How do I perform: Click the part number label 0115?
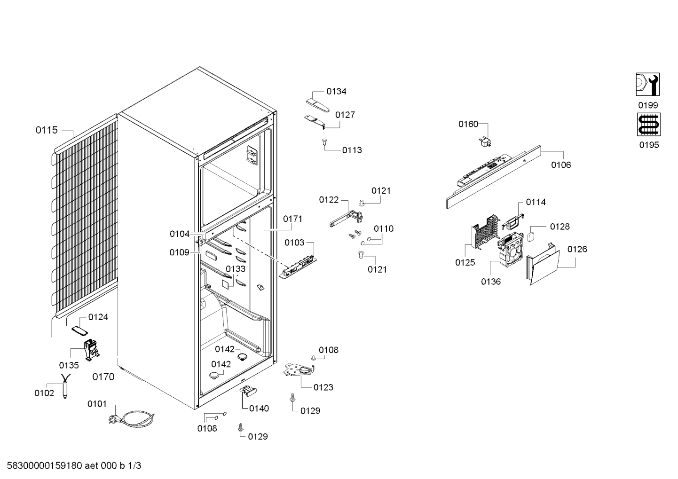[x=46, y=130]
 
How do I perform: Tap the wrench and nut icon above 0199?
[x=647, y=85]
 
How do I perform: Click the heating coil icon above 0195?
[x=649, y=125]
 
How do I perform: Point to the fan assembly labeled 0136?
[x=511, y=250]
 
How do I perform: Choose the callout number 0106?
[x=561, y=165]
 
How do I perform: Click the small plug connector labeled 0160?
[x=485, y=142]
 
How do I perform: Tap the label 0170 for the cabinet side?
[x=103, y=377]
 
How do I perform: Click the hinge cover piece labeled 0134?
[x=317, y=105]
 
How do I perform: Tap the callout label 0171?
[x=292, y=219]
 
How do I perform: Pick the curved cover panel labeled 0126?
[x=543, y=264]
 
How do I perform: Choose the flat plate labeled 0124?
[x=79, y=331]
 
